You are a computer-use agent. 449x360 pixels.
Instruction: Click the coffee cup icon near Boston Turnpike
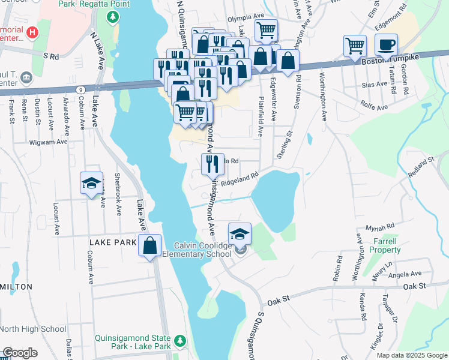point(386,44)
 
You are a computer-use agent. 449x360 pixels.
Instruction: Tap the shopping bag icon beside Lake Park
point(149,245)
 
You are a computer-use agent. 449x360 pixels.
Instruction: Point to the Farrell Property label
point(385,245)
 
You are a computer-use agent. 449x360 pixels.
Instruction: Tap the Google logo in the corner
point(20,353)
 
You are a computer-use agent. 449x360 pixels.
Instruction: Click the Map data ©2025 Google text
point(411,355)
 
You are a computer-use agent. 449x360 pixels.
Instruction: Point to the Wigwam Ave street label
point(48,142)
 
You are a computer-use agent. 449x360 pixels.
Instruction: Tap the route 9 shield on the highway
point(80,89)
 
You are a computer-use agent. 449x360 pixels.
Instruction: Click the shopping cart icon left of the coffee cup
point(355,46)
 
